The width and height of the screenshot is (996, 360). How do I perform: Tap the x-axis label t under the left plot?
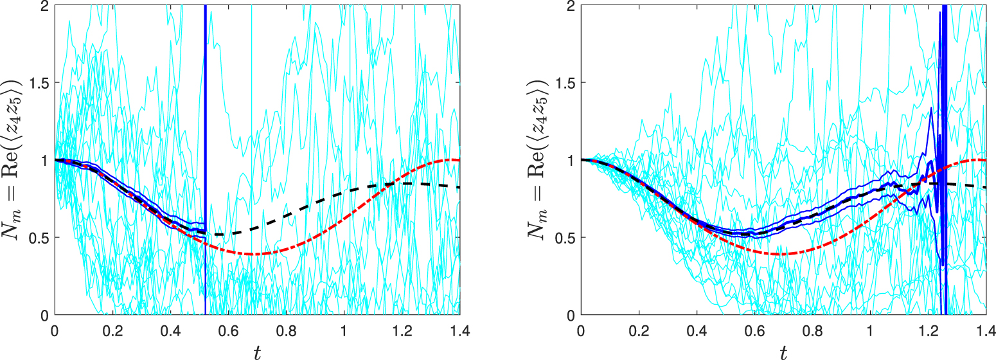[257, 351]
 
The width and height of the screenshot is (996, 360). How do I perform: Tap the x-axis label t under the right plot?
[783, 351]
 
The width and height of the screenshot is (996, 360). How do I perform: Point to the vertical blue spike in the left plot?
[205, 129]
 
